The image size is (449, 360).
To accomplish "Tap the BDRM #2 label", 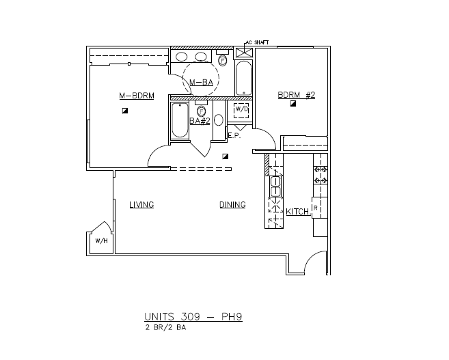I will [295, 94].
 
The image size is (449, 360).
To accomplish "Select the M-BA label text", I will [202, 83].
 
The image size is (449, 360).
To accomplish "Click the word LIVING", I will [141, 204].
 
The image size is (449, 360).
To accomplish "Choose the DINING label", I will [232, 204].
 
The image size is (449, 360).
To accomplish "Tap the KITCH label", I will [297, 212].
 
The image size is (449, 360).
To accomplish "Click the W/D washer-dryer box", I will [242, 109].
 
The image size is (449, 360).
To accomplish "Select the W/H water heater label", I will [100, 241].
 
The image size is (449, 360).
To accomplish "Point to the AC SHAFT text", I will [256, 42].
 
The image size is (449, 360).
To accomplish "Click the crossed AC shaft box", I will [244, 52].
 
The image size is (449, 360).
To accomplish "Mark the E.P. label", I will [232, 135].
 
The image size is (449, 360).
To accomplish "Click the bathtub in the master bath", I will [244, 78].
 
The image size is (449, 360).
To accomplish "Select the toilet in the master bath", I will [223, 60].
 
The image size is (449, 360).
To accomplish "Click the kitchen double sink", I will [274, 182].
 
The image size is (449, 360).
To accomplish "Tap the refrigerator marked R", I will [316, 207].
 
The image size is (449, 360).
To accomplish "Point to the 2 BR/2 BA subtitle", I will [165, 328].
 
